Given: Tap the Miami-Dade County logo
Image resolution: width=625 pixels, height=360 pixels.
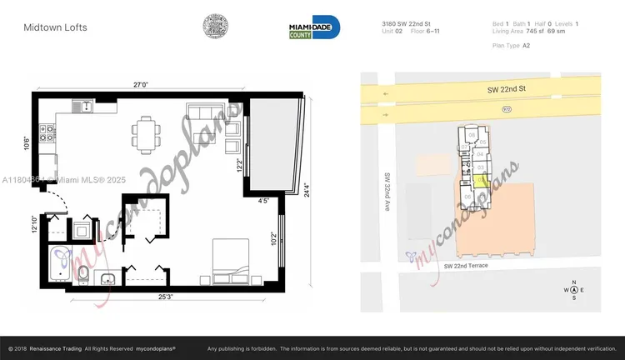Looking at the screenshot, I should click(x=308, y=28).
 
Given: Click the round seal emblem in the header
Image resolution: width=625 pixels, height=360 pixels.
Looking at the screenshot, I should click(x=218, y=27).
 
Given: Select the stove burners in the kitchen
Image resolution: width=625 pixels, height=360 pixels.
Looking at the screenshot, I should click(x=48, y=131).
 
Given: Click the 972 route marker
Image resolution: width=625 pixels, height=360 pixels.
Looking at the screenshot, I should click(x=506, y=109).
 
